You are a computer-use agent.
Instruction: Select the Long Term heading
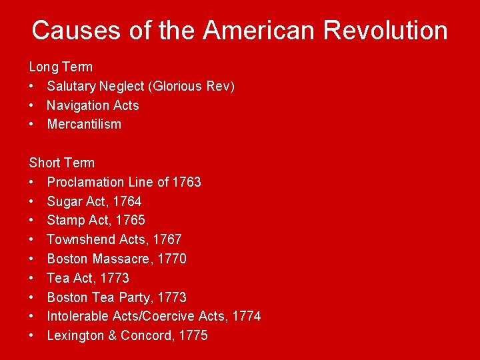61,67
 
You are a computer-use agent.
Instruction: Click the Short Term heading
62,163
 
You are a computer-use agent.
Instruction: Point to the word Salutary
71,86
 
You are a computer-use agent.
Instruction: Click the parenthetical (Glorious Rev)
191,86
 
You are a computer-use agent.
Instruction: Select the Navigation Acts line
93,105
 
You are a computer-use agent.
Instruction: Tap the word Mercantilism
84,125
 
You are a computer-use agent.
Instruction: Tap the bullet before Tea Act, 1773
32,278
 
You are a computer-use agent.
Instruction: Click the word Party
138,297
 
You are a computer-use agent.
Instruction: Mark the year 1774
247,316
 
